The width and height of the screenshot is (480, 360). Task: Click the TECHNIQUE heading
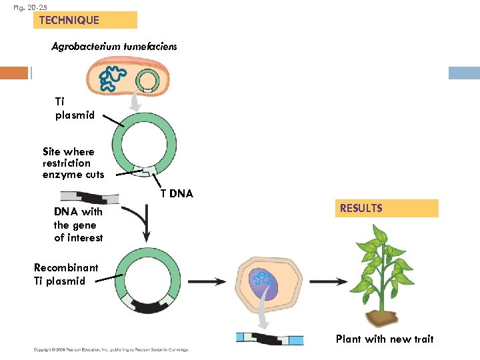coord(69,20)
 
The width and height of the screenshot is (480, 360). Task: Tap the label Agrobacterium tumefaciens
coord(114,47)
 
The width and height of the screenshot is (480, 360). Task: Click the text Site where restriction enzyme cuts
coord(73,163)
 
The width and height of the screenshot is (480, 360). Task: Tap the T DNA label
coord(177,194)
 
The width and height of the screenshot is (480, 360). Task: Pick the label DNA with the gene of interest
coord(79,225)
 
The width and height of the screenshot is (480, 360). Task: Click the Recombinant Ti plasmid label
coord(65,274)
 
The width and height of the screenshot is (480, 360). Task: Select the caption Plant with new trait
coord(384,339)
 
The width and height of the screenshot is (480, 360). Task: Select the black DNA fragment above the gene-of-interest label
coord(90,197)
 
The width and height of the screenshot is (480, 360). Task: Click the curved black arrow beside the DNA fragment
coord(143,223)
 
